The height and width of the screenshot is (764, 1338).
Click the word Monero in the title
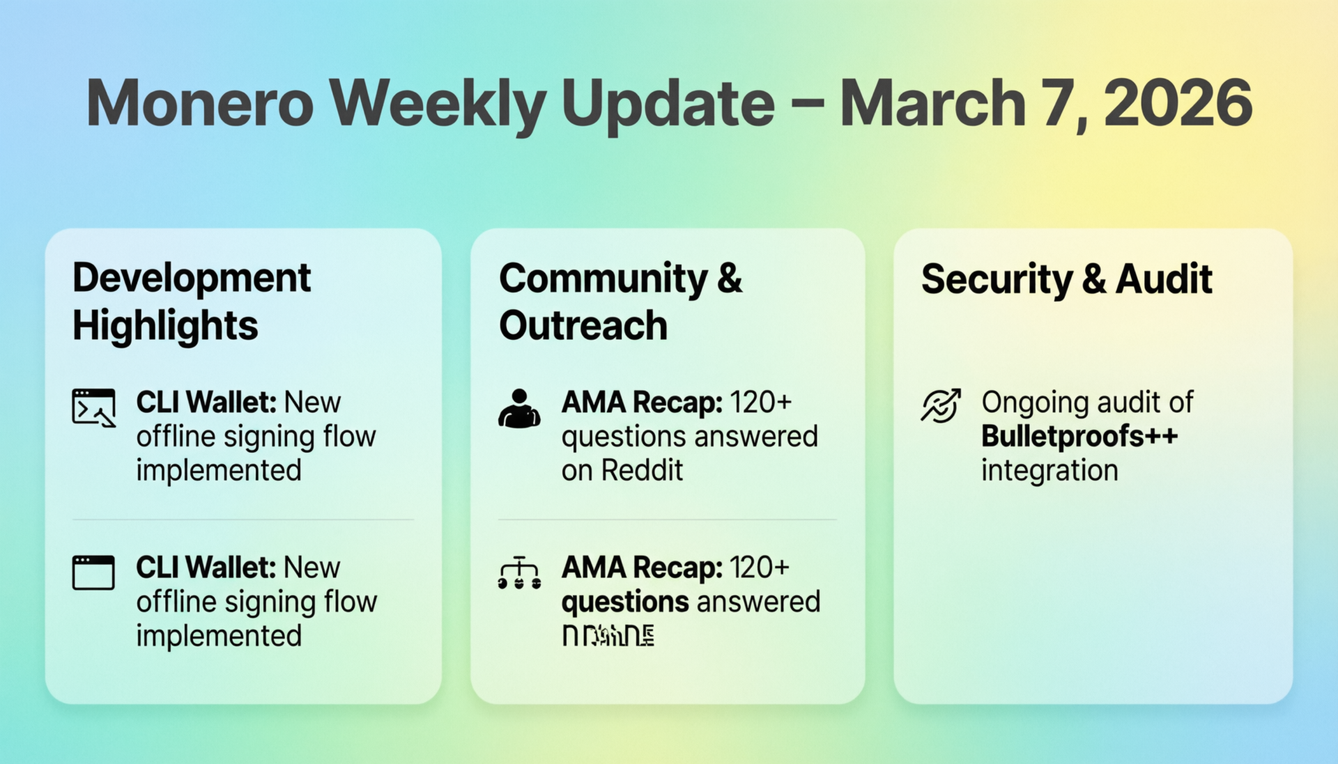point(200,103)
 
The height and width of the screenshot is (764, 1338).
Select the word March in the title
point(933,103)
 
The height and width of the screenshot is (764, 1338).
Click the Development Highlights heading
point(192,302)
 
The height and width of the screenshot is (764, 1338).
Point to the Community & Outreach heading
point(620,302)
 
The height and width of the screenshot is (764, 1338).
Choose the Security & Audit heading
point(1066,279)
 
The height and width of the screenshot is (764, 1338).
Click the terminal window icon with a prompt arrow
point(93,407)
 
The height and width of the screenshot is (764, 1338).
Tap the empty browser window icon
point(93,572)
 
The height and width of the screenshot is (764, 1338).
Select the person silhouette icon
point(519,409)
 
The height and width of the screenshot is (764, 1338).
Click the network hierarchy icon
point(519,573)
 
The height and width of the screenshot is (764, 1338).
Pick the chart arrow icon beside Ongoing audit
point(941,405)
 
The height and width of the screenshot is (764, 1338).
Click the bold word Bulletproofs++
point(1079,437)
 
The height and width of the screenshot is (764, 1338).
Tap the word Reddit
point(642,471)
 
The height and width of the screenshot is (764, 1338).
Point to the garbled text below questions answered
point(608,635)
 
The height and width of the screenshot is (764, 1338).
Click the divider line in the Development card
point(243,520)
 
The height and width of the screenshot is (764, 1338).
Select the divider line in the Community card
point(667,520)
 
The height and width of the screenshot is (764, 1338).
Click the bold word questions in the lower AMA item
point(625,602)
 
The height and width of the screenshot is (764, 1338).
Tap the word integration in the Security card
point(1049,471)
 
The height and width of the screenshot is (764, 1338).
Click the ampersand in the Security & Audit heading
point(1094,279)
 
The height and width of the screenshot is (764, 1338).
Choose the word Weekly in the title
point(437,103)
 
